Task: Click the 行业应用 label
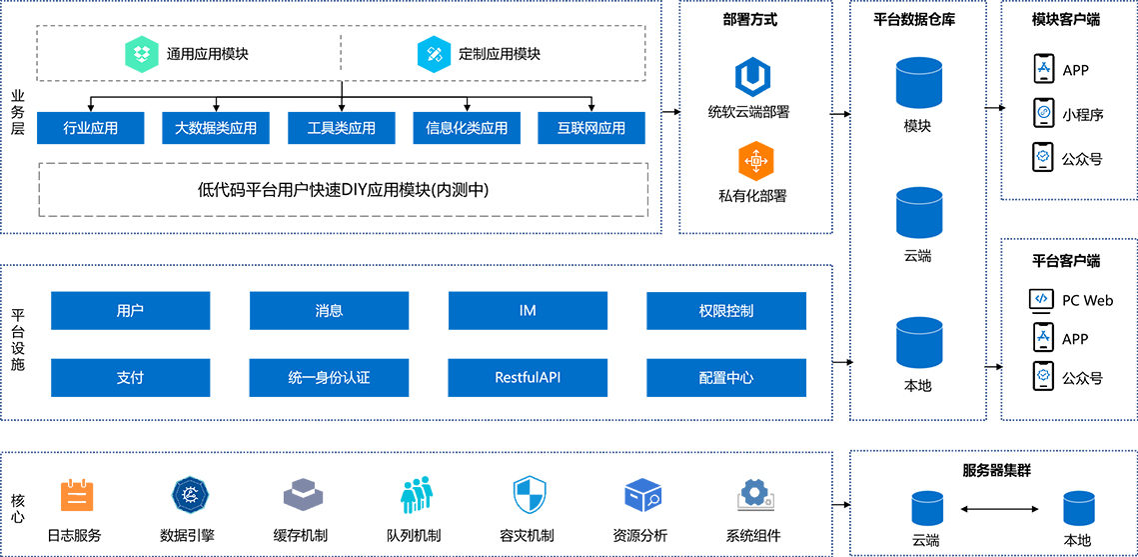[x=90, y=128]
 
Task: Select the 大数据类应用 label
[x=216, y=128]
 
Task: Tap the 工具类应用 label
[x=342, y=128]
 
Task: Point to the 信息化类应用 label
[x=467, y=128]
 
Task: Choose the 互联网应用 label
[x=591, y=128]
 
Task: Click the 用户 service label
[x=130, y=311]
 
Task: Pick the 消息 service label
[x=329, y=311]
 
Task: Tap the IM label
[x=528, y=311]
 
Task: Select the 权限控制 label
[x=726, y=311]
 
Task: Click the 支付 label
[x=130, y=378]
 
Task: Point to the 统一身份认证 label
[x=329, y=378]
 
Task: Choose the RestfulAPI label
[x=528, y=378]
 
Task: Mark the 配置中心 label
[x=726, y=378]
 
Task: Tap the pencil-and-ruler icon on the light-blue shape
[x=434, y=54]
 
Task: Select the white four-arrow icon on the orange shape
[x=755, y=160]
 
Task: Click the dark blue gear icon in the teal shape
[x=188, y=492]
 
